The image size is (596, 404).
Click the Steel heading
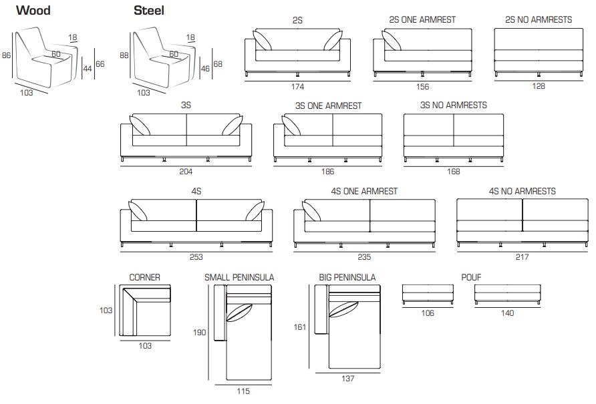pos(149,11)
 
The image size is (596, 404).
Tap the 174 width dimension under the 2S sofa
pos(297,87)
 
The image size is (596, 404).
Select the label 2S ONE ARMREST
pos(422,19)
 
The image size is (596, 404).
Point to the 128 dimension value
pos(539,86)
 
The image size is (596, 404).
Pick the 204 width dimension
pos(186,171)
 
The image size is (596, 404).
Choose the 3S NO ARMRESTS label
pos(453,105)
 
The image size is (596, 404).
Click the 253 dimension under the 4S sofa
pos(196,256)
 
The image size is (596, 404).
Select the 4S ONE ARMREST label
pos(364,191)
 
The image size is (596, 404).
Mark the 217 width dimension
pos(522,256)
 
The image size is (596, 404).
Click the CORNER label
pos(144,277)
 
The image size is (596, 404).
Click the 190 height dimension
pos(200,333)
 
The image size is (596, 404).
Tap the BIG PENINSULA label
pos(347,277)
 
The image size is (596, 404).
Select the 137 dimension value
pos(347,379)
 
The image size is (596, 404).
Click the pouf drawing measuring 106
pos(428,293)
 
